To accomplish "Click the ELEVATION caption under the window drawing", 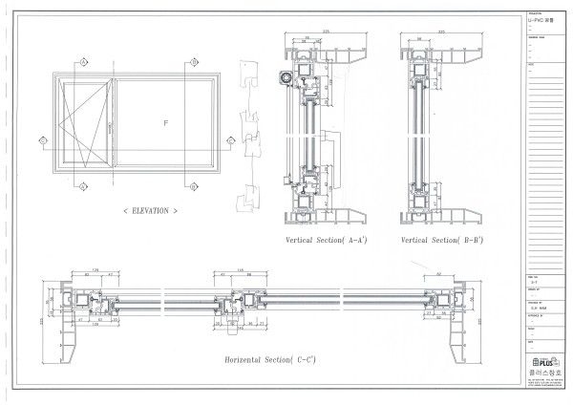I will [150, 208].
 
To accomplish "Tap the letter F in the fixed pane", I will [164, 123].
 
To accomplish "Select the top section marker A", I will [82, 61].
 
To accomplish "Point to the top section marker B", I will [194, 61].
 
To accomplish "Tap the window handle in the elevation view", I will [111, 125].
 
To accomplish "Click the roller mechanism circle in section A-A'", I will [285, 76].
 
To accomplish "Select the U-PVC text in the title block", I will [539, 20].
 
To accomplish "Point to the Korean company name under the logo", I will [541, 373].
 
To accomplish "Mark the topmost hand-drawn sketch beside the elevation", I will [249, 75].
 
